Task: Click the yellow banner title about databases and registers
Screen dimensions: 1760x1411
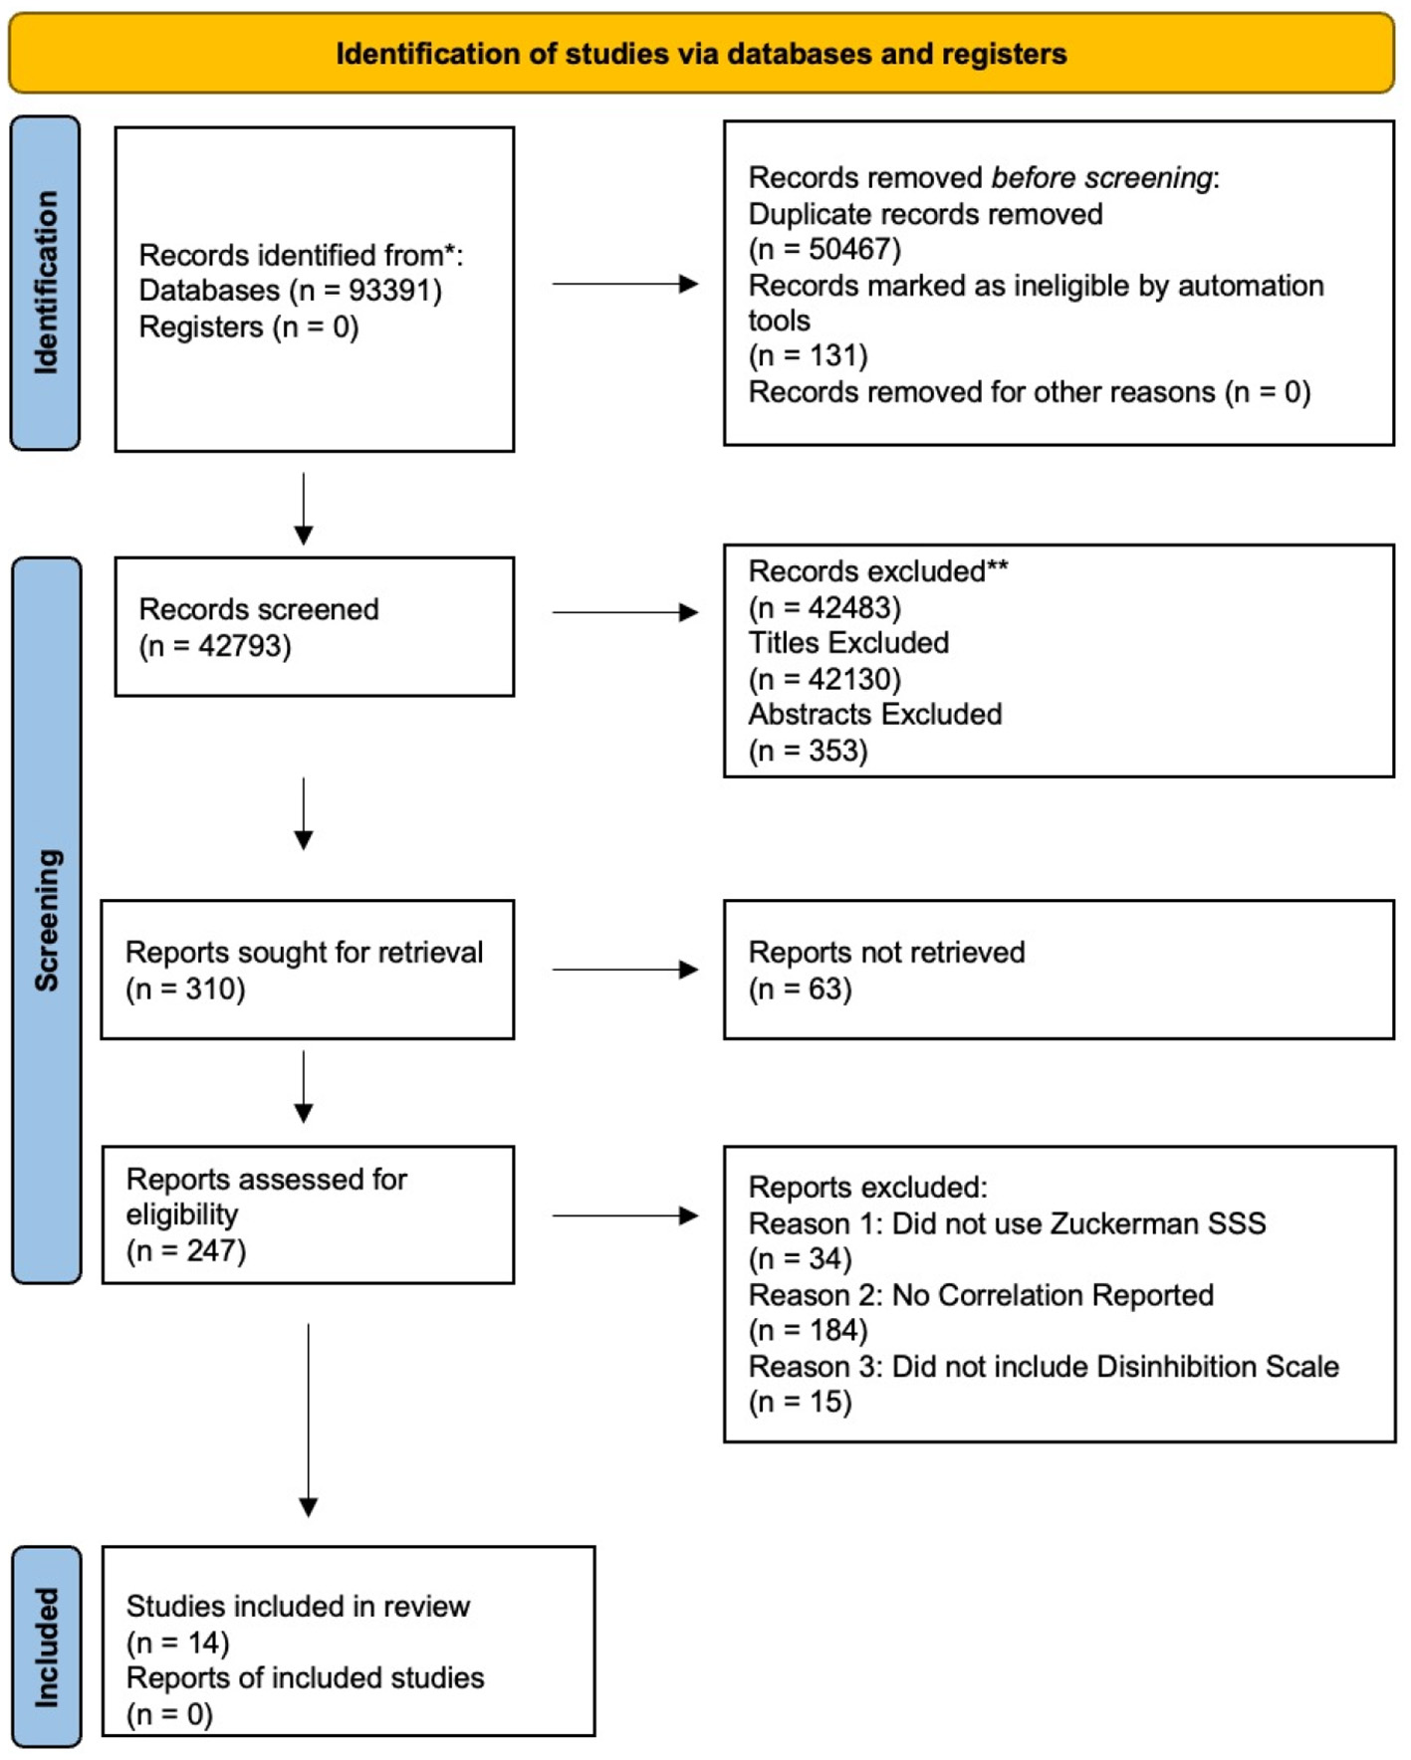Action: click(x=700, y=54)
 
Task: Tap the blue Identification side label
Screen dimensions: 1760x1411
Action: click(x=46, y=283)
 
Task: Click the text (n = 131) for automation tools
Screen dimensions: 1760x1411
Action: click(x=808, y=355)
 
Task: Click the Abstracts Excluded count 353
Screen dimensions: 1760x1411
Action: click(x=835, y=751)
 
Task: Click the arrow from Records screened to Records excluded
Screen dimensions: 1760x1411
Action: click(x=624, y=612)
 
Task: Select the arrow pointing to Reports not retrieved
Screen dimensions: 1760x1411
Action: click(x=624, y=970)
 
